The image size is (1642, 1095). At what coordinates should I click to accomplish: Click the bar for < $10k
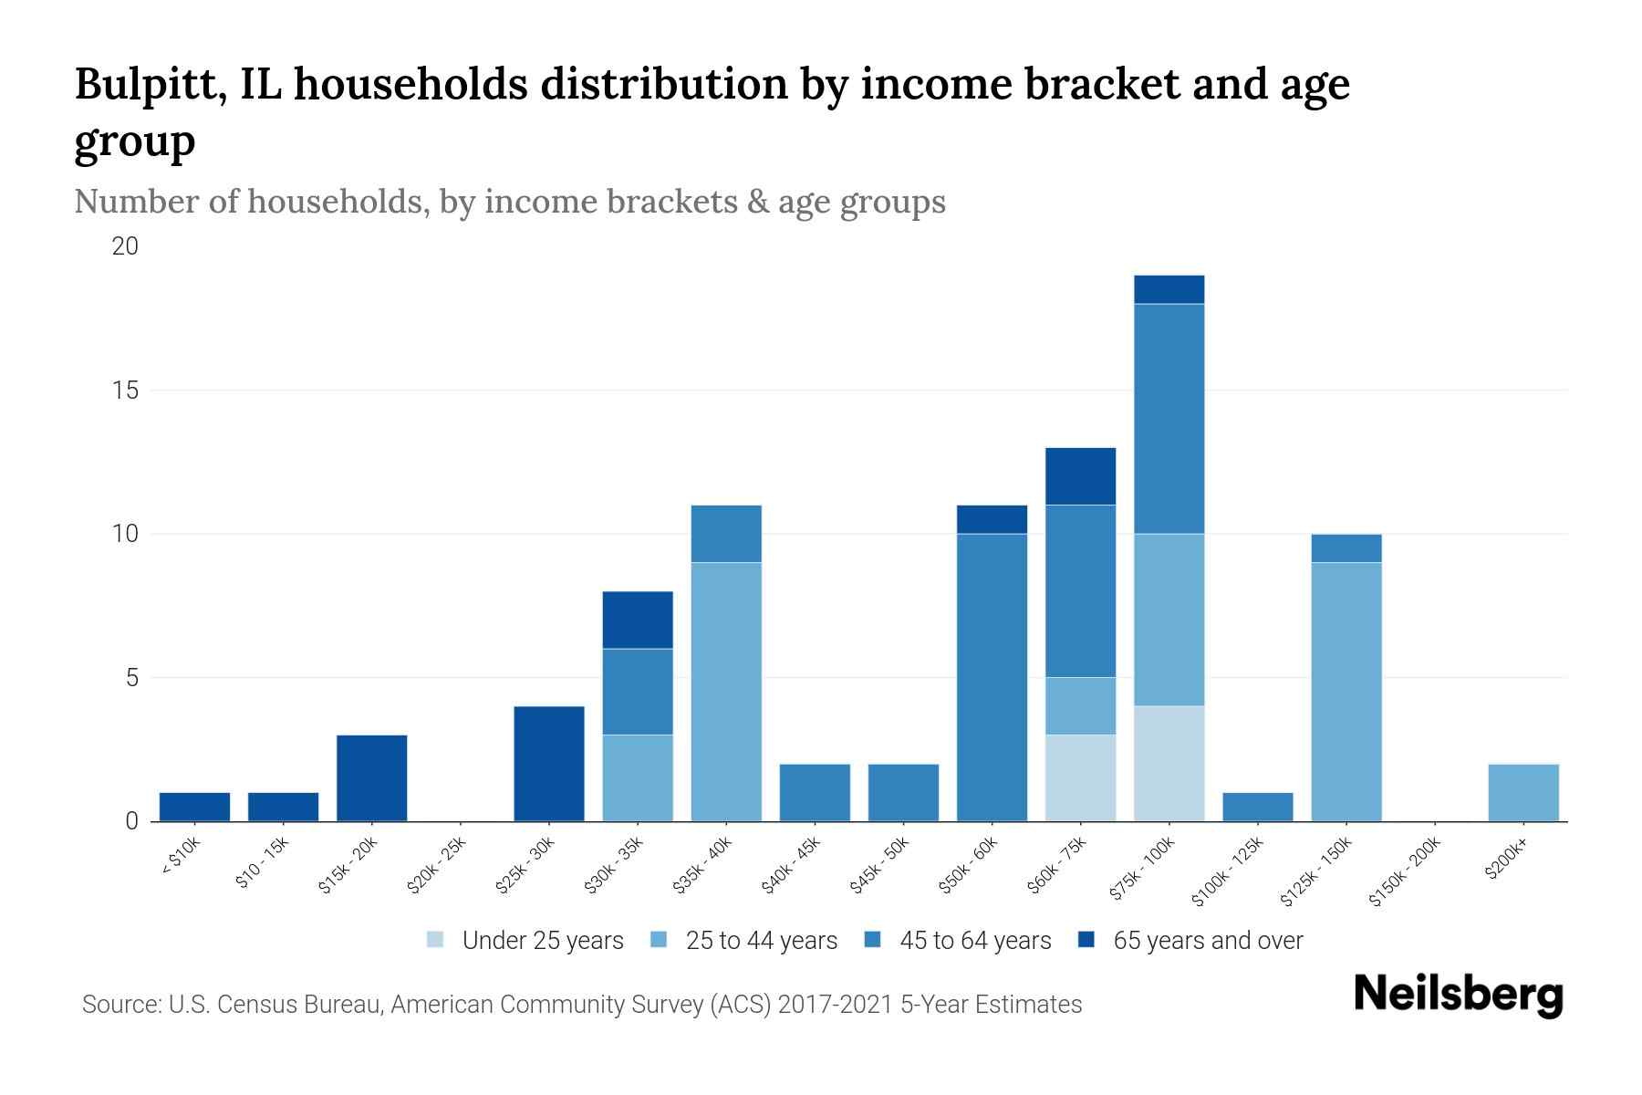(x=194, y=807)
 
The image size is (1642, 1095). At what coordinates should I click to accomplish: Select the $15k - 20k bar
(x=372, y=778)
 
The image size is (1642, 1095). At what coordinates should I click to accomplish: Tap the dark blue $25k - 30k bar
(x=549, y=764)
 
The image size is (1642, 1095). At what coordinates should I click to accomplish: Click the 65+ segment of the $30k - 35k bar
(x=638, y=620)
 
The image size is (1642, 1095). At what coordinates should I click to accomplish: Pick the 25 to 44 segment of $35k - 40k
(x=726, y=692)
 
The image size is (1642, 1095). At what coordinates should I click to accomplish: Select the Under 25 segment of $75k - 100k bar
(x=1169, y=764)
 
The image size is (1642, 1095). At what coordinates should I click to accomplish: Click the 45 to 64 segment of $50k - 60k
(x=992, y=677)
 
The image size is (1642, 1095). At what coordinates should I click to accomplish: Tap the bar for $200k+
(x=1522, y=792)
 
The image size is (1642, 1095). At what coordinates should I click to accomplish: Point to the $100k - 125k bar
(x=1257, y=807)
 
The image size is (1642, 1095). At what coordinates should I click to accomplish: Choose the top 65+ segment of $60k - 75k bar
(x=1080, y=475)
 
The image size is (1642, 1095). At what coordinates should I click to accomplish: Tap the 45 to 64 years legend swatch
(x=873, y=940)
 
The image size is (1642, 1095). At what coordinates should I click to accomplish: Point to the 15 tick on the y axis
(x=125, y=391)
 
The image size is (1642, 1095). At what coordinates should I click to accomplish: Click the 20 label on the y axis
(x=125, y=246)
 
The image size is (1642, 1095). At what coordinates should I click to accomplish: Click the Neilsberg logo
(x=1458, y=995)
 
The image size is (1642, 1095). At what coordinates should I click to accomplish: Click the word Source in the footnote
(x=119, y=1005)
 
